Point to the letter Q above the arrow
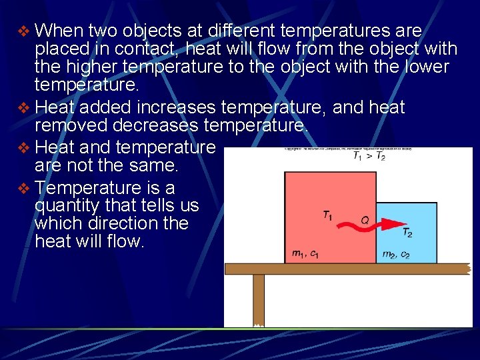365,218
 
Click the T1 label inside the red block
328,215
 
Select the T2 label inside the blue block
407,232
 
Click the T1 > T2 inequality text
368,156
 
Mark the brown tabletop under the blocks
347,269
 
